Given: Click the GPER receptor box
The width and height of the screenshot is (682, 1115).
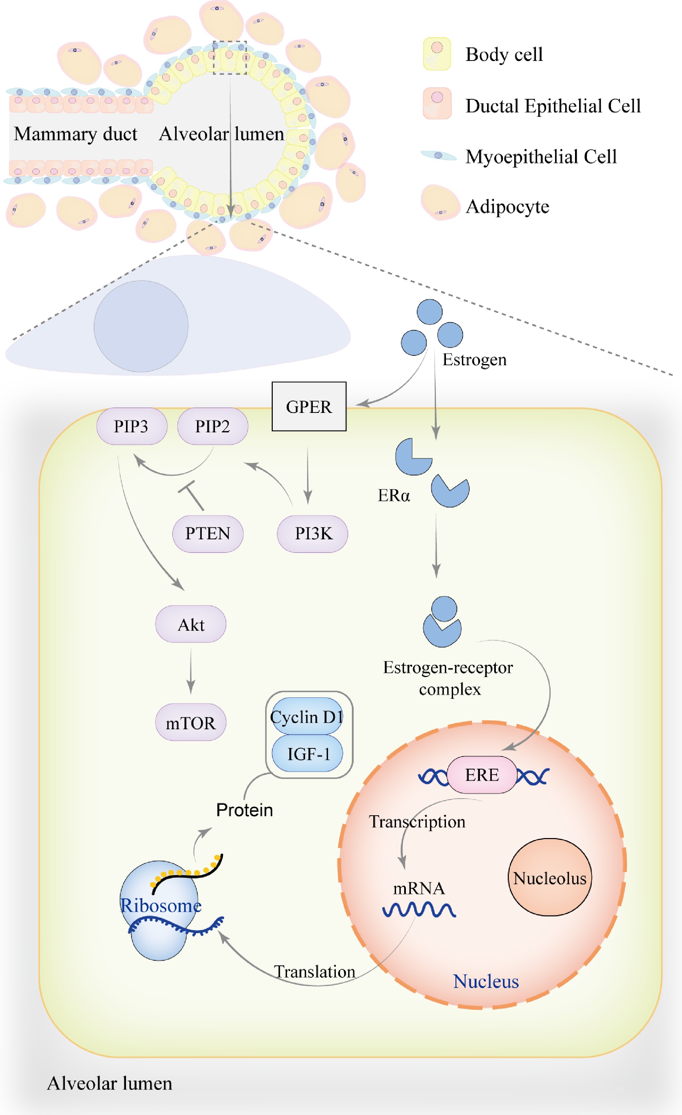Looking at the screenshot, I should click(x=309, y=406).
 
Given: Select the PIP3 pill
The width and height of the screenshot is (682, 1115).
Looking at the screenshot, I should click(x=131, y=426).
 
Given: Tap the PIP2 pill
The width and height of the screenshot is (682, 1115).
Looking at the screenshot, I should click(x=213, y=426).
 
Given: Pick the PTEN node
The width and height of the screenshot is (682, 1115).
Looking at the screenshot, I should click(x=208, y=534).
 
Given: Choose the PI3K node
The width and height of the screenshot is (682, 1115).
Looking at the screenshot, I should click(x=312, y=534).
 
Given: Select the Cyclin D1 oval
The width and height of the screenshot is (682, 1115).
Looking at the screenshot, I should click(x=307, y=717).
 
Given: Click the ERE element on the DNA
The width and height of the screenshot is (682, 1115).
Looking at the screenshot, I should click(x=482, y=775).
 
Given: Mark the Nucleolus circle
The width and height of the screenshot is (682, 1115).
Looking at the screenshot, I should click(x=550, y=877).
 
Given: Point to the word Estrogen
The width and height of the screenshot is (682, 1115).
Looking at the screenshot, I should click(x=474, y=360).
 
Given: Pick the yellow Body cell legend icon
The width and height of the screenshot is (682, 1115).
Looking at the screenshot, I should click(x=437, y=54).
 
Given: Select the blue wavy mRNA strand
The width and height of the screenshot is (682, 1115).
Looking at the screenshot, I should click(x=419, y=909).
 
